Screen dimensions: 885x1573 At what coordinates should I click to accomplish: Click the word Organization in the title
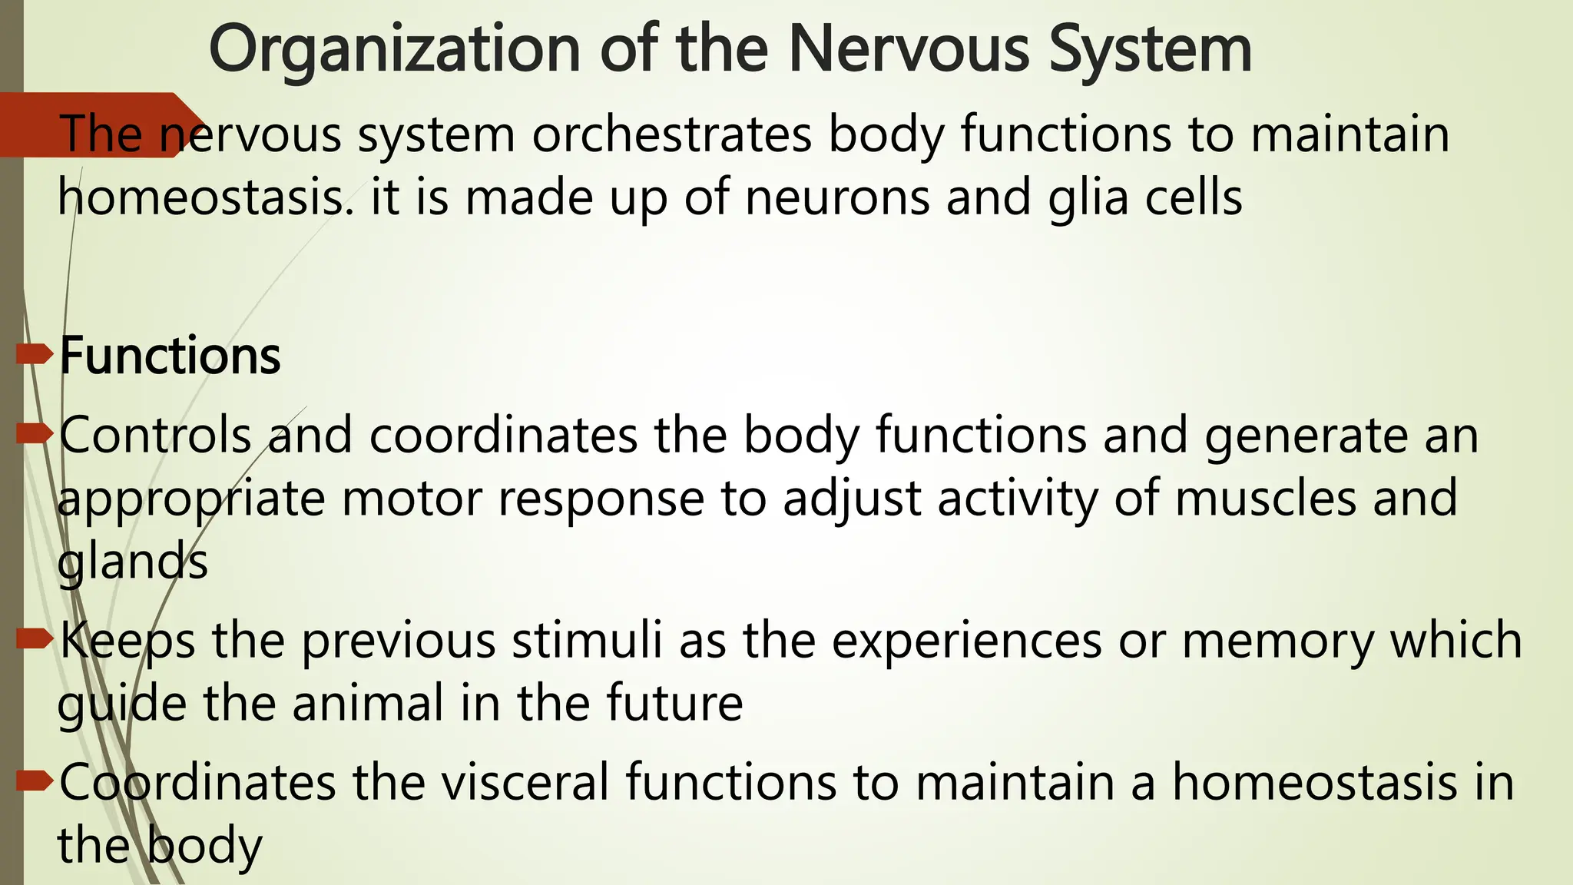394,51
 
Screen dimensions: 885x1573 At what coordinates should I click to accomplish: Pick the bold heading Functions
170,356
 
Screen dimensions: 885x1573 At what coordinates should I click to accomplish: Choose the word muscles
1265,498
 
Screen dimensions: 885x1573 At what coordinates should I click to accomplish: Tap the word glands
132,563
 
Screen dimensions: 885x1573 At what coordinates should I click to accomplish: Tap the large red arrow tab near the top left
92,124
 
